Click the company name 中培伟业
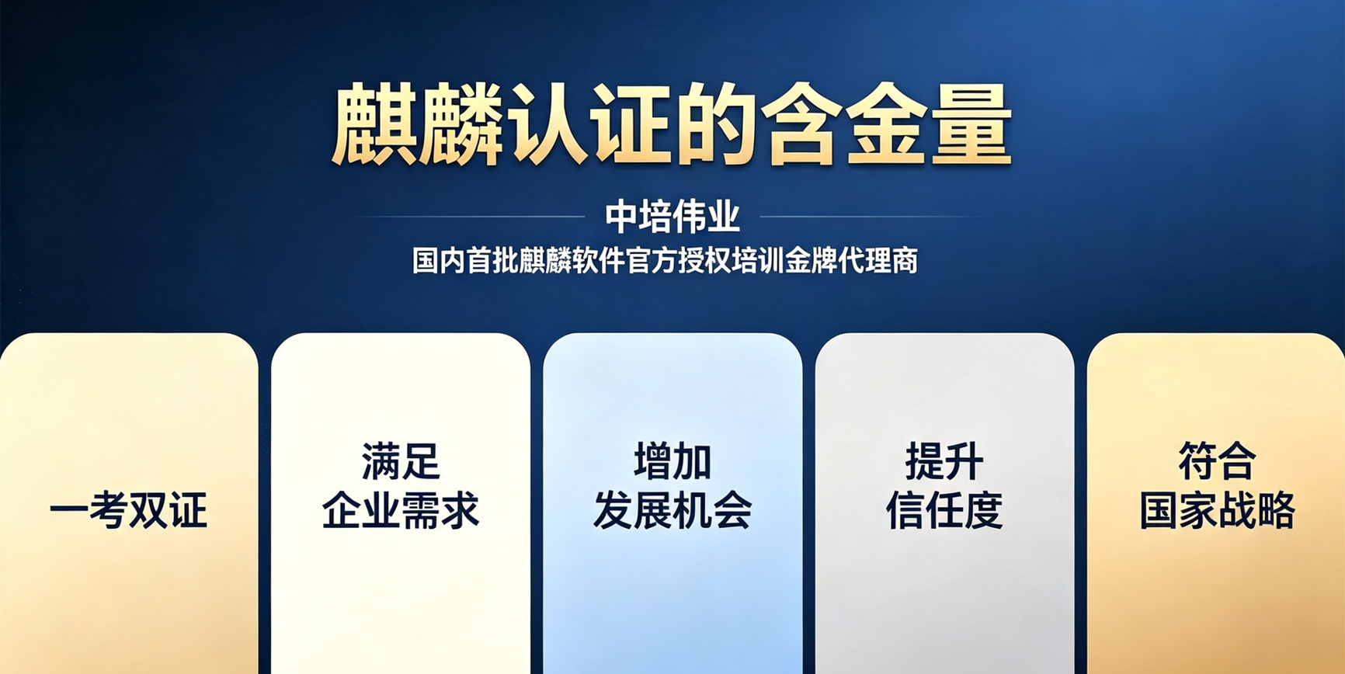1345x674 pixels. [x=672, y=217]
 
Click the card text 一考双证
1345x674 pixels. [x=129, y=510]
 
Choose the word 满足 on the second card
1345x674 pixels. [x=401, y=462]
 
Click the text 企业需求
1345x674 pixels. [x=401, y=510]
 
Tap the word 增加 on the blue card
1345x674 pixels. [x=672, y=462]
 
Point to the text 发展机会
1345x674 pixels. [x=672, y=510]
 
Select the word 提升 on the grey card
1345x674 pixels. [x=944, y=462]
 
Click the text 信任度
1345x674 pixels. [x=944, y=510]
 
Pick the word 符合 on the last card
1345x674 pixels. [x=1217, y=462]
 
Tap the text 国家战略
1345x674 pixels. [x=1217, y=510]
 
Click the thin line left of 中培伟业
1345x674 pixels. [x=470, y=217]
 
